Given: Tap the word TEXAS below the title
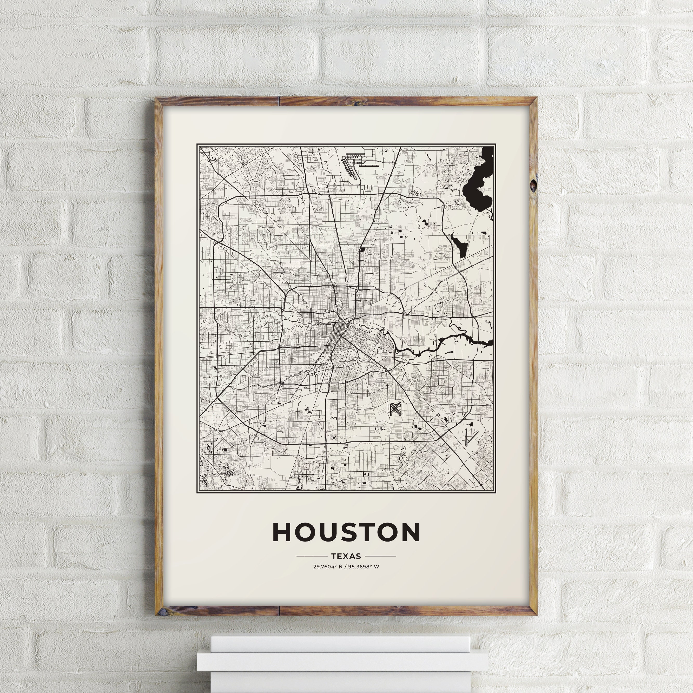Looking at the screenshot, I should coord(346,556).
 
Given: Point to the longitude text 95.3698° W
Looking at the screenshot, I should coord(363,567).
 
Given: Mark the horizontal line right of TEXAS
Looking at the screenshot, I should coord(380,556).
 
